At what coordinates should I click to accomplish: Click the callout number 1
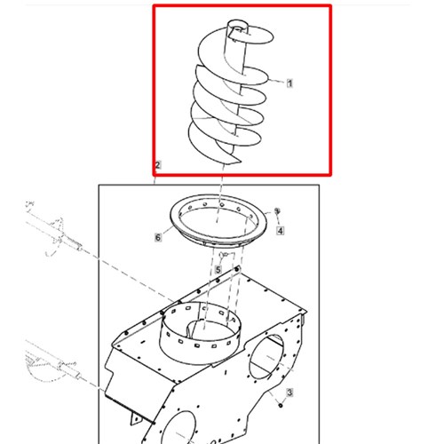(x=289, y=83)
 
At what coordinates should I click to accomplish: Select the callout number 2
(x=158, y=165)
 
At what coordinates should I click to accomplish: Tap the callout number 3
(x=289, y=392)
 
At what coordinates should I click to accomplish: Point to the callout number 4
(x=280, y=231)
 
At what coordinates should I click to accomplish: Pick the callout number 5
(x=218, y=270)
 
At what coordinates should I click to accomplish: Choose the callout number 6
(x=158, y=237)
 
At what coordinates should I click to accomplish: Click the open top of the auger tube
(x=238, y=26)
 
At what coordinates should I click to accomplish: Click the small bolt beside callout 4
(x=277, y=210)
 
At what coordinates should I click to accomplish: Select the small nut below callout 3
(x=281, y=405)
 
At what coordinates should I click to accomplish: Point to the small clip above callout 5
(x=224, y=254)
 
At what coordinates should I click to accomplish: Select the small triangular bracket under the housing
(x=136, y=419)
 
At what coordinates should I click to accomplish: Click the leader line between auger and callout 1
(x=277, y=81)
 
